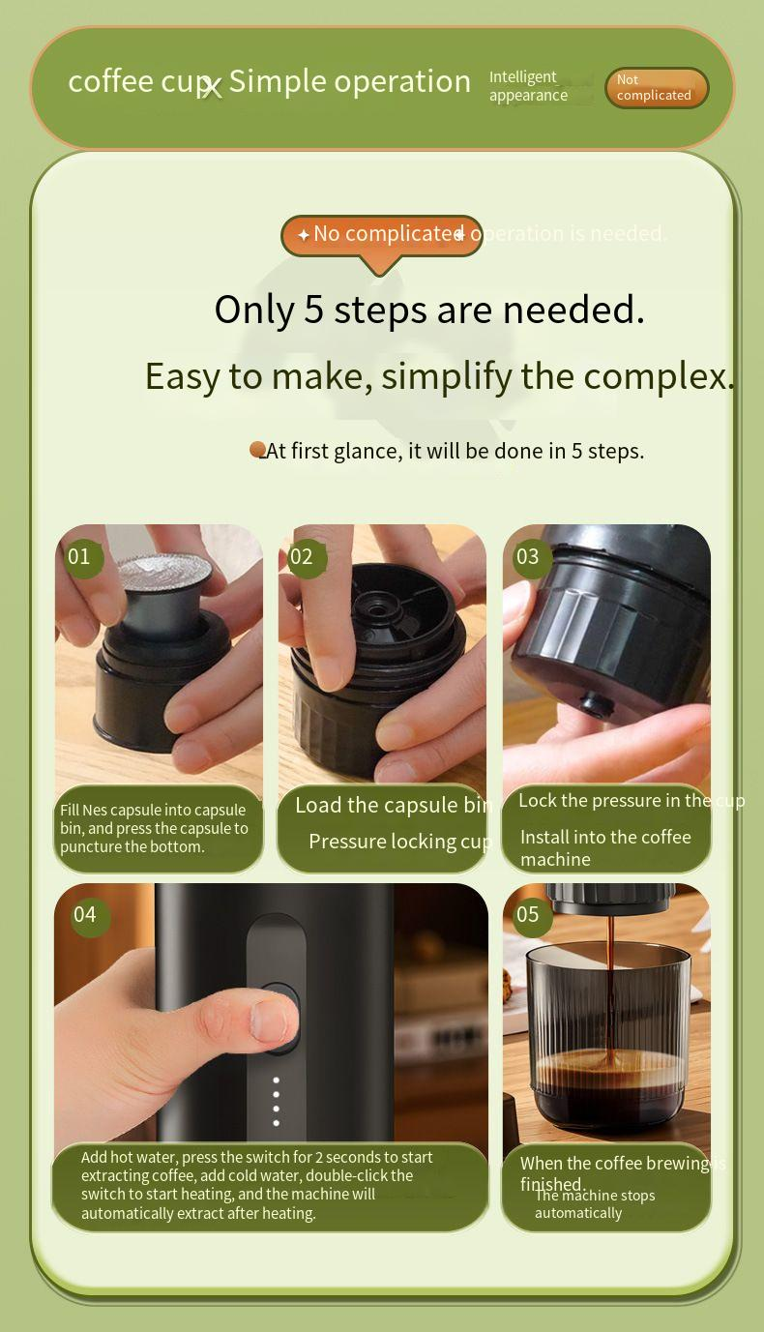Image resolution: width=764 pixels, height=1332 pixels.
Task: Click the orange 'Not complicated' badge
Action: (657, 88)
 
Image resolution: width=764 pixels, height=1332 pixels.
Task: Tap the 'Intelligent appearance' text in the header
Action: (528, 86)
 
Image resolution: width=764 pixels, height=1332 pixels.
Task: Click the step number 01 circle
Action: (79, 557)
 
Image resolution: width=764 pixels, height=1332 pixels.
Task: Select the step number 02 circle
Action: (303, 557)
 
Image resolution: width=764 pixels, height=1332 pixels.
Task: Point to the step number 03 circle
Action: (528, 557)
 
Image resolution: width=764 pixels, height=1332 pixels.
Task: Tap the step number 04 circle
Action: (85, 915)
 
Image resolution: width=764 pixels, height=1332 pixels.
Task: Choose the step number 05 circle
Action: (528, 915)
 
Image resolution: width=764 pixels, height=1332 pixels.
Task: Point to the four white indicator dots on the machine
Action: (277, 1102)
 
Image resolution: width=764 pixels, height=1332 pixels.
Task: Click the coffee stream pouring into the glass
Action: (609, 977)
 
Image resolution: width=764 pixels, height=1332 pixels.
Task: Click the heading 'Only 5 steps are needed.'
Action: (429, 310)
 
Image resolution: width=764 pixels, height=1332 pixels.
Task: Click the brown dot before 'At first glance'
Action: (257, 450)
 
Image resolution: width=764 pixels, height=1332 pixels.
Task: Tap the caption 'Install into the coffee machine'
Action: (605, 847)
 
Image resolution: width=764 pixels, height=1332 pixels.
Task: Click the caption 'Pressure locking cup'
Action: (399, 842)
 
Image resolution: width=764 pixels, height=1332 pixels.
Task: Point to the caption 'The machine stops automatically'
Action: (594, 1204)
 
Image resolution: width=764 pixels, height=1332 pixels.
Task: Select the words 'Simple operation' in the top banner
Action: (349, 81)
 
